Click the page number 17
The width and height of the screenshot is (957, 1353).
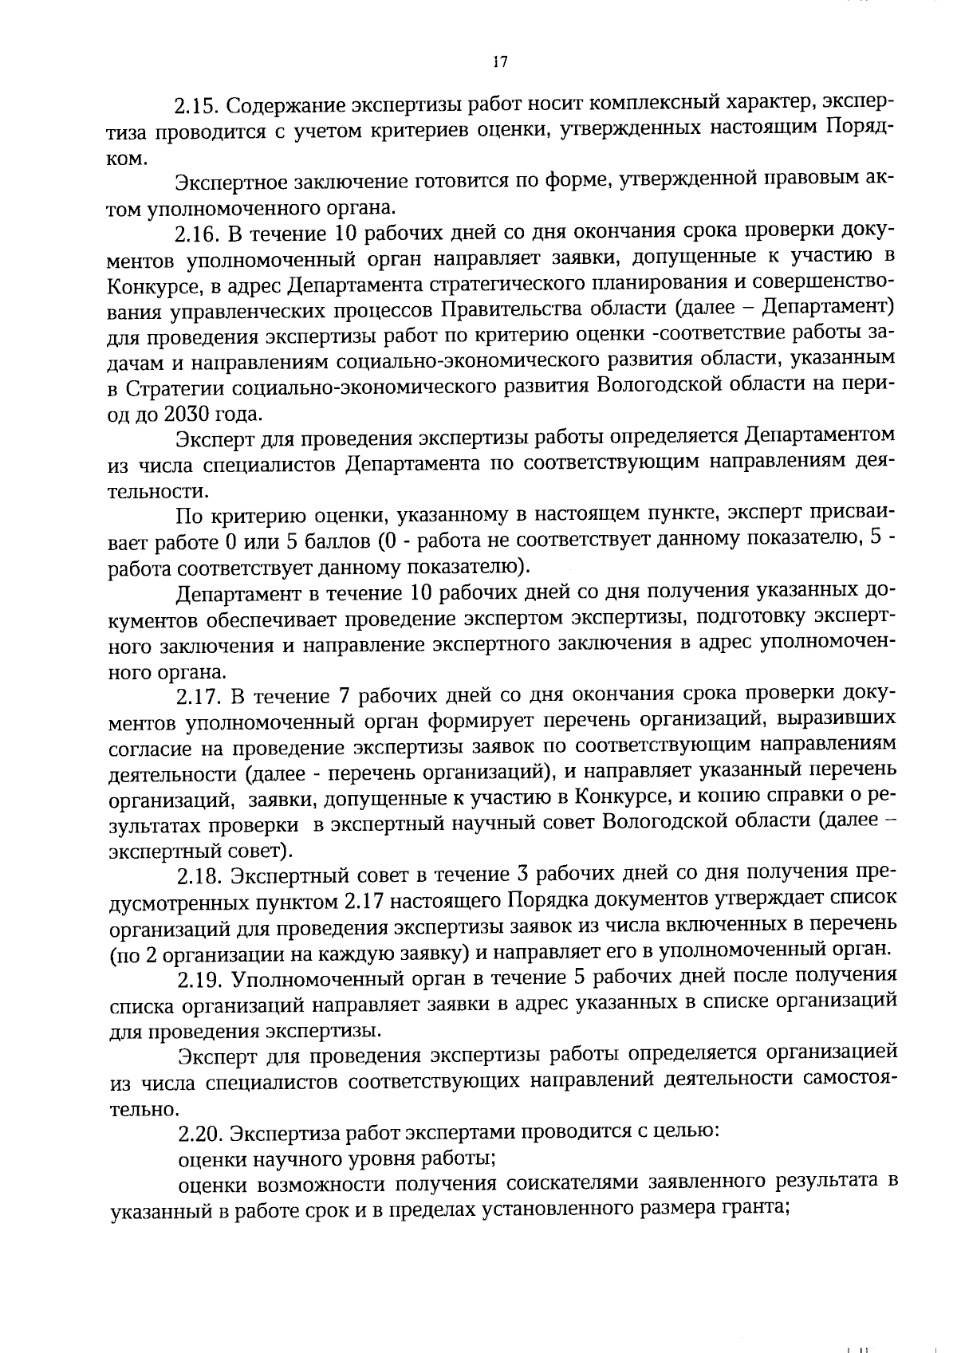[x=500, y=62]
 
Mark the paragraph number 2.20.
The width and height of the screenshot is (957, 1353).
[x=198, y=1132]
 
